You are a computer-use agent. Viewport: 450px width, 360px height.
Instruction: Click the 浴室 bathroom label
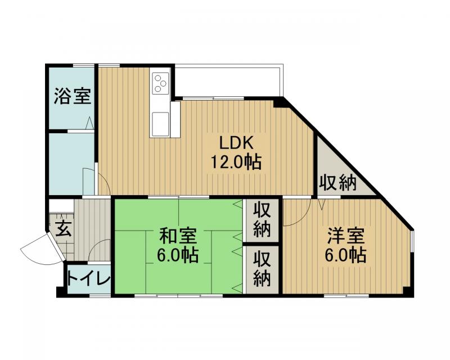tap(72, 96)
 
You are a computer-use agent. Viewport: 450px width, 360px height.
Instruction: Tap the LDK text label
tap(236, 142)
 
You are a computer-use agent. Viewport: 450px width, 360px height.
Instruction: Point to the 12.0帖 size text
tap(236, 163)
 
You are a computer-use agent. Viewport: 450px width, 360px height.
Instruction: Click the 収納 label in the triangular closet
tap(339, 183)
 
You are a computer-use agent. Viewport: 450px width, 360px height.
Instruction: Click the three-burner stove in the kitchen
tap(161, 83)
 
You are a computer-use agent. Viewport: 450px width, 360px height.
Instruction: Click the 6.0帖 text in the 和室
tap(177, 255)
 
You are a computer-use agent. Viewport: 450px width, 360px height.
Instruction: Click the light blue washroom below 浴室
tap(70, 163)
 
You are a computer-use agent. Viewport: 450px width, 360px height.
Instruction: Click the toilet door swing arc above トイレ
tap(101, 250)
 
